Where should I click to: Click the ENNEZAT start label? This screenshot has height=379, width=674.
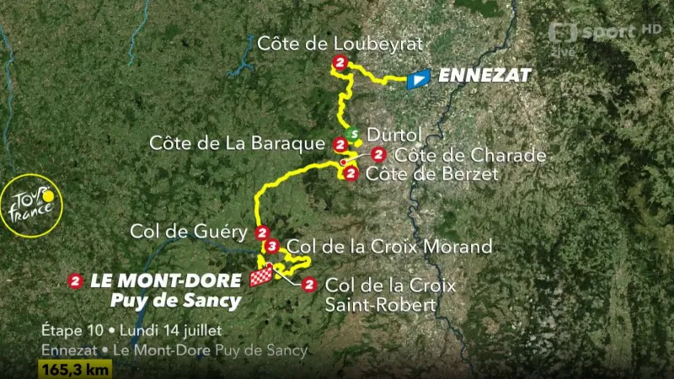[485, 76]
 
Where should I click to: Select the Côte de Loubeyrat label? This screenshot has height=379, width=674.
[340, 44]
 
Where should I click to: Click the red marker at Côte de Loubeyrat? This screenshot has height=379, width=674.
[340, 63]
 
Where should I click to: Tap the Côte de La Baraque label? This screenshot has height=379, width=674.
[237, 143]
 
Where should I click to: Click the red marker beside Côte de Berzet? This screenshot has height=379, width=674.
[350, 173]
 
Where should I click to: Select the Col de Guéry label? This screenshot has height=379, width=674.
[188, 232]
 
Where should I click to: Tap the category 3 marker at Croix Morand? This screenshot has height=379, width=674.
[271, 247]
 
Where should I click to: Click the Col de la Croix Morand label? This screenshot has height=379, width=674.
[389, 247]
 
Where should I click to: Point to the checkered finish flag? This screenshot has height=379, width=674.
[262, 278]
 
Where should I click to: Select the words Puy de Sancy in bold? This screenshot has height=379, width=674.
[175, 300]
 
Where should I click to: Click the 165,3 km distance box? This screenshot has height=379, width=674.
[73, 369]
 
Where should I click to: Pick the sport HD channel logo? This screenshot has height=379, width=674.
[604, 34]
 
